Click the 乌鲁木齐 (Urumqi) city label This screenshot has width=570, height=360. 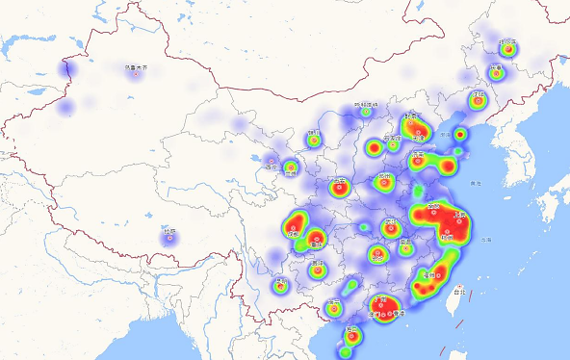(137, 67)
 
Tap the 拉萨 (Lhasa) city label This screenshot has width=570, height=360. (169, 231)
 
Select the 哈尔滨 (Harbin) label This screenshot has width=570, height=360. (507, 41)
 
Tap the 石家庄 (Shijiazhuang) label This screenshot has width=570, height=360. (393, 138)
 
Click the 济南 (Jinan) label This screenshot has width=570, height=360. (418, 153)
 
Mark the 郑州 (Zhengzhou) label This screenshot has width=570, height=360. (385, 177)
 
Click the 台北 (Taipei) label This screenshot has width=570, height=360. (458, 289)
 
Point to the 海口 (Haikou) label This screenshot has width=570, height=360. (352, 330)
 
